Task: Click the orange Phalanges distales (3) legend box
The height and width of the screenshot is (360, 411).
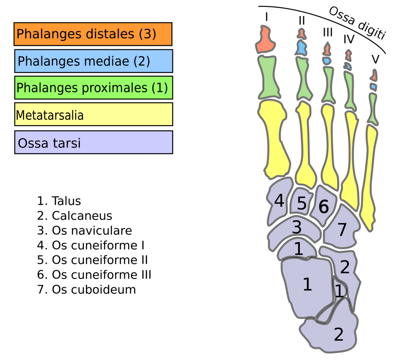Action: click(93, 34)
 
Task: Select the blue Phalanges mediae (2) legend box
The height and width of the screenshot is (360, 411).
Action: click(93, 61)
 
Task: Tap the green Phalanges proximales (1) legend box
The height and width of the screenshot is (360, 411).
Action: click(93, 87)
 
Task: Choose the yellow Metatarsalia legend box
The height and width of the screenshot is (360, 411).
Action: click(93, 114)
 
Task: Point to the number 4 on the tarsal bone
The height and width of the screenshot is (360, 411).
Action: click(279, 201)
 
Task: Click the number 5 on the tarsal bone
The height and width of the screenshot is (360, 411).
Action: click(301, 203)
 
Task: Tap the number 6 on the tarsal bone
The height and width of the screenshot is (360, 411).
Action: click(324, 207)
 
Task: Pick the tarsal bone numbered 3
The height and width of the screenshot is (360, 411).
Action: click(297, 228)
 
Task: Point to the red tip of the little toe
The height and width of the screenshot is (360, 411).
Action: click(374, 76)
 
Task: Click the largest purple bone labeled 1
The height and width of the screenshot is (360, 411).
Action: click(307, 285)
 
